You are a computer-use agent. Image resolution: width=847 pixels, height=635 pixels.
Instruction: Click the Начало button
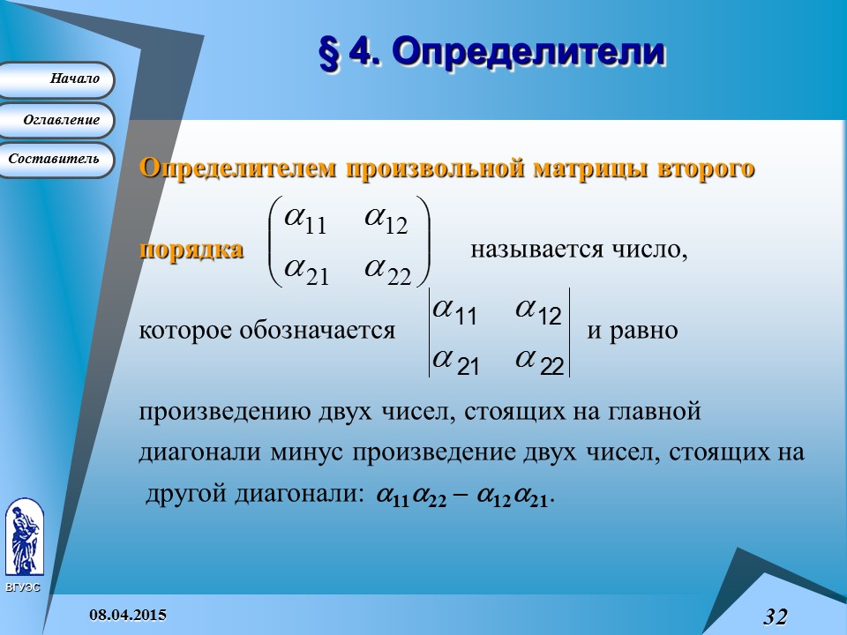click(58, 79)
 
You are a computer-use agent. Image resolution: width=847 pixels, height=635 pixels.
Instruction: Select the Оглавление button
click(58, 120)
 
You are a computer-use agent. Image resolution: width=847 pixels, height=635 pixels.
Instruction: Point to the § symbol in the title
click(328, 53)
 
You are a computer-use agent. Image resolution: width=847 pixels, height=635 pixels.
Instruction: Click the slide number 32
click(775, 616)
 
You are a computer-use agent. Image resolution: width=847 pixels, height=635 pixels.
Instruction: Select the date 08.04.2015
click(129, 614)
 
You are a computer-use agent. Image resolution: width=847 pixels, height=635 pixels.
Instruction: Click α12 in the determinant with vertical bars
click(539, 312)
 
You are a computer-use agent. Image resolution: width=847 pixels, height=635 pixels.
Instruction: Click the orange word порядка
click(191, 250)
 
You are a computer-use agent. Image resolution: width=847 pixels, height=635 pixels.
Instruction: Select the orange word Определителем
click(238, 168)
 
